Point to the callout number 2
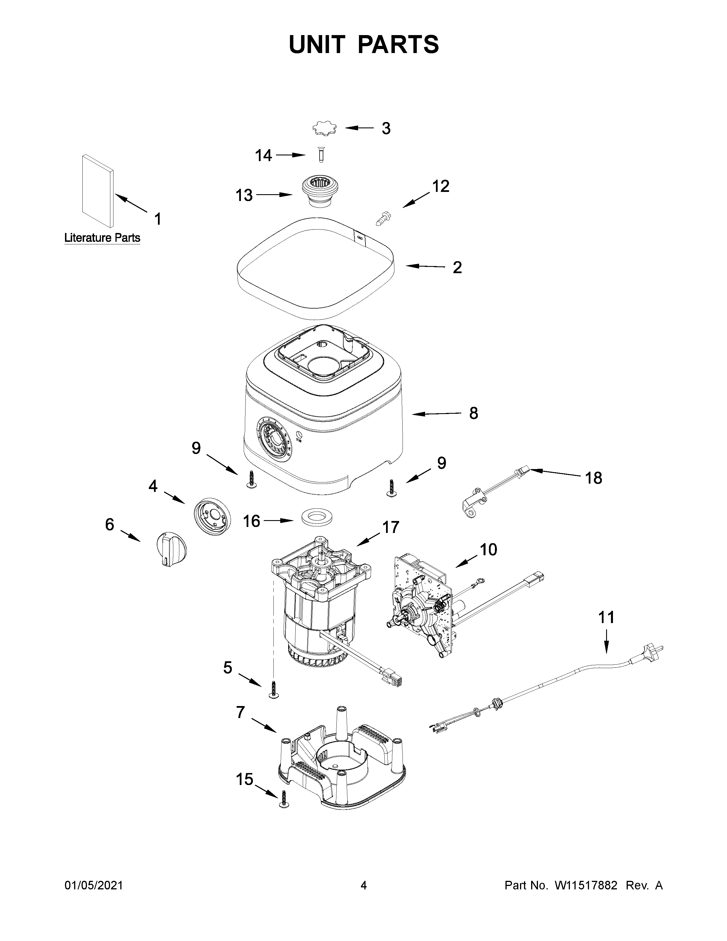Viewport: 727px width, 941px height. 457,267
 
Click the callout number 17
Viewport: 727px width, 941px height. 391,527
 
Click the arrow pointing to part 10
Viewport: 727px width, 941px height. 466,561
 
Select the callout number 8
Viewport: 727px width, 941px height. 473,413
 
